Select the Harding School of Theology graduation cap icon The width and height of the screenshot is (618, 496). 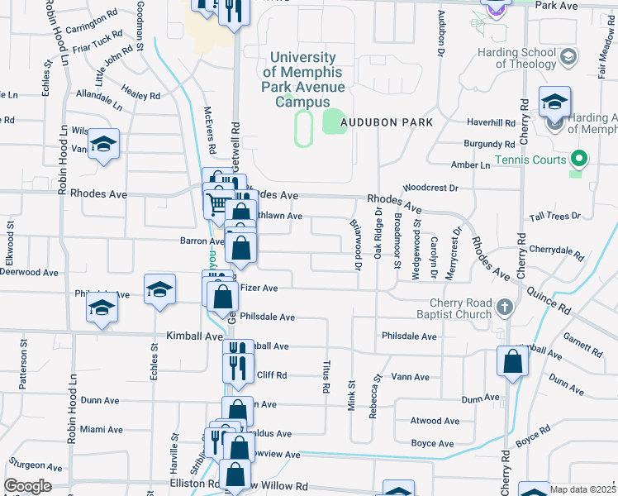click(568, 57)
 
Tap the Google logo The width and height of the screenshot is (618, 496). click(27, 485)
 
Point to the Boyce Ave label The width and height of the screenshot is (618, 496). click(432, 444)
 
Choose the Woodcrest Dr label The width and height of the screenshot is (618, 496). click(430, 188)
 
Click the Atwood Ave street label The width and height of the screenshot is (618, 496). click(435, 421)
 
